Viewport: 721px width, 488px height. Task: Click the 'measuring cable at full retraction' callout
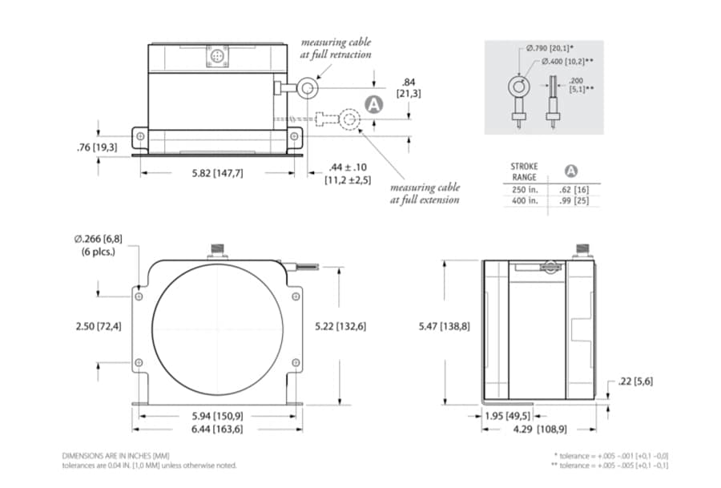336,47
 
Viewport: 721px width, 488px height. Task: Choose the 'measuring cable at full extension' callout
425,193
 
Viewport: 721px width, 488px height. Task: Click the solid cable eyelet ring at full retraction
307,87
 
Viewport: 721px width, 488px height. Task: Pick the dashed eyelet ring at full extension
348,119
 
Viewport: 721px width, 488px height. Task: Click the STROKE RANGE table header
525,171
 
